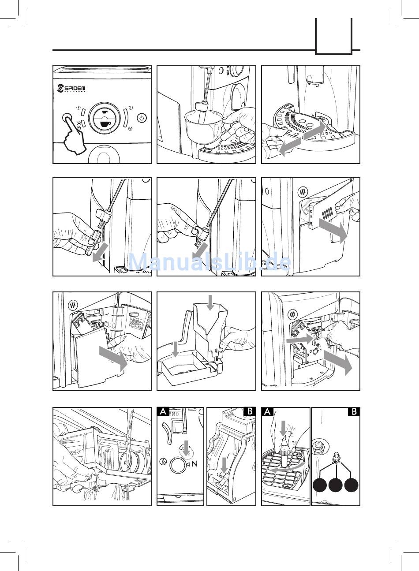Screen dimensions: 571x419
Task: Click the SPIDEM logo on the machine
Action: pos(71,89)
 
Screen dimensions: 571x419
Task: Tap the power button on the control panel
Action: pos(141,118)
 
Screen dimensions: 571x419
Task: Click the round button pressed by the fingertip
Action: pos(67,118)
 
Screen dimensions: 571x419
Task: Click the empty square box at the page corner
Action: pos(333,36)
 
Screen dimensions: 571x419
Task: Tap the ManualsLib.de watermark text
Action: pos(209,262)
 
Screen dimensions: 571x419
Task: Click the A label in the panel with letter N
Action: pos(163,412)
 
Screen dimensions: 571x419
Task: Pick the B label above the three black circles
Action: pos(354,412)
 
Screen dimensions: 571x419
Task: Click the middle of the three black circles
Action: pos(336,485)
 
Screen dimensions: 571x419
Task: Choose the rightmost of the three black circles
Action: pos(352,485)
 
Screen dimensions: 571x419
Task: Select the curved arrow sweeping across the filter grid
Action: pos(287,468)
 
